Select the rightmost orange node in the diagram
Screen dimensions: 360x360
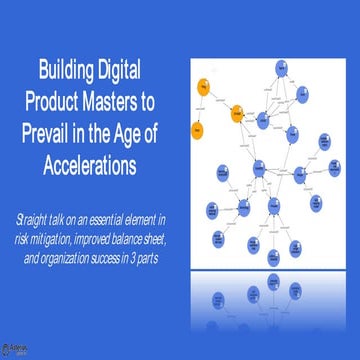click(x=239, y=114)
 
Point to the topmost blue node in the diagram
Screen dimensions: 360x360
click(x=283, y=67)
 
